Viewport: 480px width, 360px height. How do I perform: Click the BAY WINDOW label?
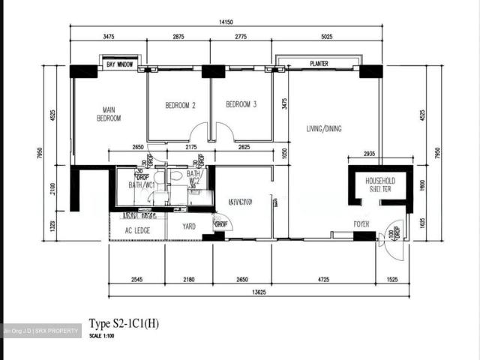point(119,65)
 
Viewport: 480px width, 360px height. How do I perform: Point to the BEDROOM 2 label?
point(180,105)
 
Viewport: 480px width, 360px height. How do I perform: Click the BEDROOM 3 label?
point(241,104)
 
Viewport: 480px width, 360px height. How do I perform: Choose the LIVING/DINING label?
point(323,129)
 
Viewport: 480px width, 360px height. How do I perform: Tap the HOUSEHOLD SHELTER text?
point(379,185)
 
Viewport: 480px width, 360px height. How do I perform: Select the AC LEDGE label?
point(138,230)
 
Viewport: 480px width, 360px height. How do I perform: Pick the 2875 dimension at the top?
point(179,36)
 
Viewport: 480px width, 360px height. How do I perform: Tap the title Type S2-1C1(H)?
point(124,323)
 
